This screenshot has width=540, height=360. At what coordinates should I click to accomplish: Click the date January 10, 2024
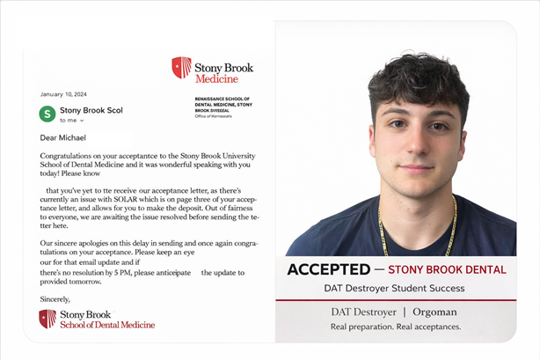(62, 93)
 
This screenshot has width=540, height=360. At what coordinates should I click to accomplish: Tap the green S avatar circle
(47, 114)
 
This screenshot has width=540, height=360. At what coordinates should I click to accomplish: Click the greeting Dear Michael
(68, 137)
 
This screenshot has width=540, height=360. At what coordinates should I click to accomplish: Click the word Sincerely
(57, 299)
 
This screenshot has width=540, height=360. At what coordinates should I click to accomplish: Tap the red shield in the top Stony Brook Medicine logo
(181, 68)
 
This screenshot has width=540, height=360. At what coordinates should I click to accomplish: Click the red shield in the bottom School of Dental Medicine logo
(47, 318)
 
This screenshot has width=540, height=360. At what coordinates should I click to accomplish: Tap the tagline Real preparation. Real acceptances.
(395, 326)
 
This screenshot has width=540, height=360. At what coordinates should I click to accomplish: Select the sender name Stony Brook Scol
(91, 110)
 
